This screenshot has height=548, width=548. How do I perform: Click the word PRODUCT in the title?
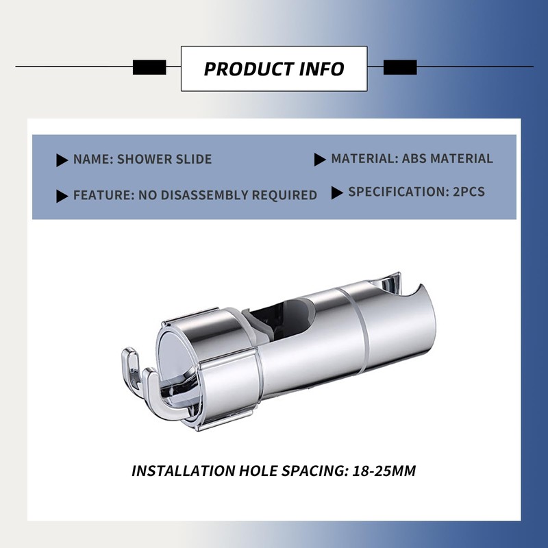(x=249, y=69)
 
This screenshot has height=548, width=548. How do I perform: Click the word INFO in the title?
(x=321, y=69)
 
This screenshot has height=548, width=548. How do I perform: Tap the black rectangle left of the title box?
(x=149, y=67)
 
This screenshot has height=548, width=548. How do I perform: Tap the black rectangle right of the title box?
(x=400, y=67)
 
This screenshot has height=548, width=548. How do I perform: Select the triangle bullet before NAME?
(x=62, y=160)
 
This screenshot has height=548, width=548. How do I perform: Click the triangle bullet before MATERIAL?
(x=320, y=160)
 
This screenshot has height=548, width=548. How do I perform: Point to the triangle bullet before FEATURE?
(x=62, y=197)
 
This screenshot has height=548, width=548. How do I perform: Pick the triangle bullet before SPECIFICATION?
(x=337, y=193)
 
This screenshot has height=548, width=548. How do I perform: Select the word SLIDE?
(x=194, y=160)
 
